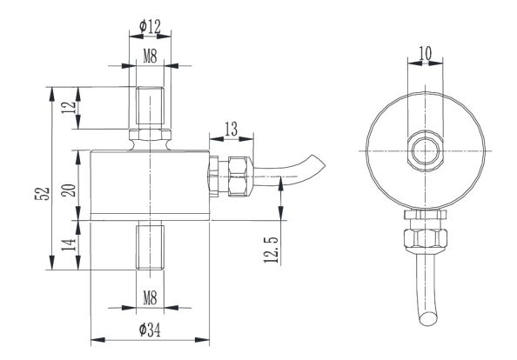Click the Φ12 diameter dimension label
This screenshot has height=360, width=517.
tap(151, 28)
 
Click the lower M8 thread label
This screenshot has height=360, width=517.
tap(149, 297)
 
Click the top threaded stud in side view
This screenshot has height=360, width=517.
tap(149, 107)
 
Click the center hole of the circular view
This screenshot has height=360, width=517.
tap(426, 148)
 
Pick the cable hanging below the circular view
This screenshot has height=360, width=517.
tap(426, 296)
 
